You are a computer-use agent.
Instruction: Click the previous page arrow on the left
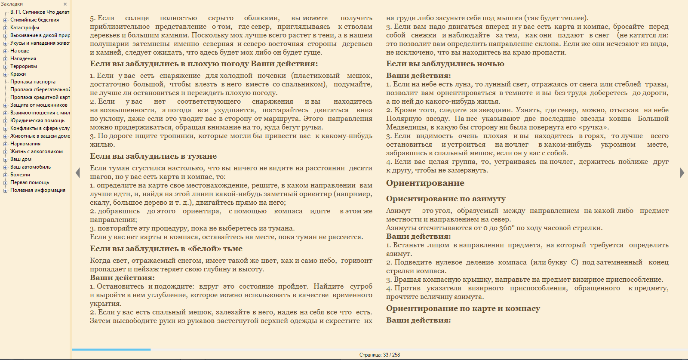click(x=78, y=173)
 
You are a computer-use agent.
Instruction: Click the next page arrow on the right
click(x=682, y=173)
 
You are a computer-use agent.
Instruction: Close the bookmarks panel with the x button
click(x=65, y=4)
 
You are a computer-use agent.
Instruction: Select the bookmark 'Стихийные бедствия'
click(x=34, y=20)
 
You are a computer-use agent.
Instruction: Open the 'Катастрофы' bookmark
click(x=25, y=28)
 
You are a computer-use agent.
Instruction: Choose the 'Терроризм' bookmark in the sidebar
click(x=24, y=66)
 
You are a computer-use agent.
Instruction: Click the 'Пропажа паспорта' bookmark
click(x=33, y=82)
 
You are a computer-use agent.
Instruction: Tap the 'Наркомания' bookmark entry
click(x=25, y=144)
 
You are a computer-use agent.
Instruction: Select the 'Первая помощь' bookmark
click(x=30, y=182)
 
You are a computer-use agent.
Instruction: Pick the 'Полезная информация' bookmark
click(x=38, y=190)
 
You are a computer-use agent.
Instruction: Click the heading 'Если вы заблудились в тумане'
click(x=153, y=156)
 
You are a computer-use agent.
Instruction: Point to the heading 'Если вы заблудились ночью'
click(x=445, y=64)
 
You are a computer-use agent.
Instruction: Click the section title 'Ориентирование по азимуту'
click(x=445, y=199)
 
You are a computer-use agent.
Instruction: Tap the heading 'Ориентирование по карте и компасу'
click(x=463, y=308)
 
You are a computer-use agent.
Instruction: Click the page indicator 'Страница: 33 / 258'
click(x=380, y=355)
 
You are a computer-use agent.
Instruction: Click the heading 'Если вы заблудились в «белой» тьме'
click(x=166, y=249)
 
